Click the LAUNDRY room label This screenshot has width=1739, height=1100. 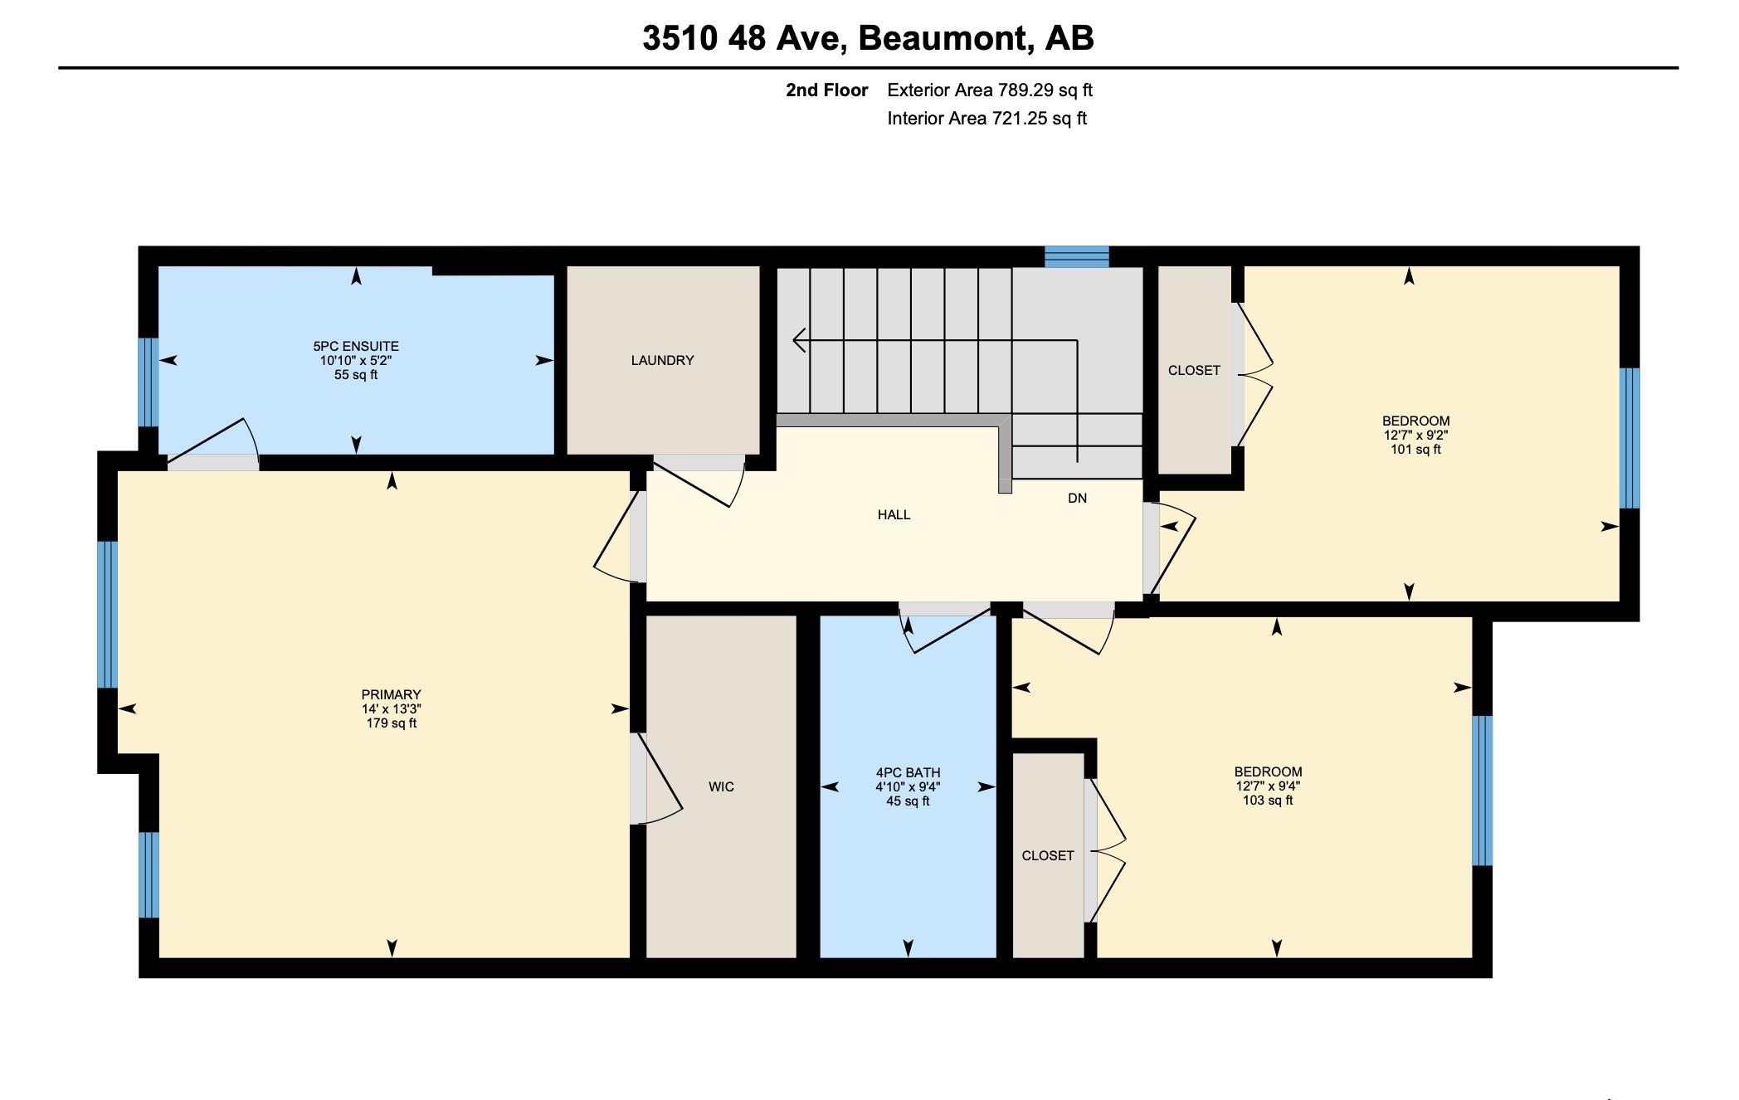pyautogui.click(x=662, y=360)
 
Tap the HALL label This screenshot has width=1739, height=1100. pyautogui.click(x=894, y=514)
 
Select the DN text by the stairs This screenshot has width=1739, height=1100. pyautogui.click(x=1077, y=498)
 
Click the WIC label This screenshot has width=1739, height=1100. pyautogui.click(x=721, y=786)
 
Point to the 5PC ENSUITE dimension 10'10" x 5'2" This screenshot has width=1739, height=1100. pyautogui.click(x=356, y=361)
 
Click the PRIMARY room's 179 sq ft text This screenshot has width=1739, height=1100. pyautogui.click(x=391, y=723)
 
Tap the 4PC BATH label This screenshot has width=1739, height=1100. pyautogui.click(x=908, y=772)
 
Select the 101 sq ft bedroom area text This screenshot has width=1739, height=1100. pyautogui.click(x=1415, y=450)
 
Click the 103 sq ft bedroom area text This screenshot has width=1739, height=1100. pyautogui.click(x=1268, y=801)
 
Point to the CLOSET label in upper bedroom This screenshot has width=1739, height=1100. pyautogui.click(x=1194, y=370)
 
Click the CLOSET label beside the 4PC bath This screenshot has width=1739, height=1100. pyautogui.click(x=1048, y=855)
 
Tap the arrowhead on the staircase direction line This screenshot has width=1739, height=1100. pyautogui.click(x=799, y=340)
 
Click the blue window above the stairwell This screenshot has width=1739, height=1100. pyautogui.click(x=1076, y=256)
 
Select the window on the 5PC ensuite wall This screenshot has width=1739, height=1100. pyautogui.click(x=148, y=382)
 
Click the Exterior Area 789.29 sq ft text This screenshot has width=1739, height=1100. pyautogui.click(x=990, y=90)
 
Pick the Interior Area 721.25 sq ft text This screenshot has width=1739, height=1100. pyautogui.click(x=986, y=118)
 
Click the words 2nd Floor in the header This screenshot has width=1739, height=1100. pyautogui.click(x=826, y=90)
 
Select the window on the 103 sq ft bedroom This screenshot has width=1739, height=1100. pyautogui.click(x=1482, y=790)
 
